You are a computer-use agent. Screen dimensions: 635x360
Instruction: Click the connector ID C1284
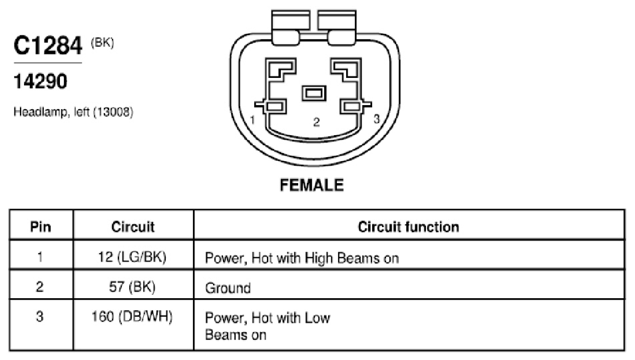coord(48,45)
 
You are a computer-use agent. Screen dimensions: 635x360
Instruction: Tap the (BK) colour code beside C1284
coord(102,43)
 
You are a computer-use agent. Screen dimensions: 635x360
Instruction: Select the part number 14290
coord(40,81)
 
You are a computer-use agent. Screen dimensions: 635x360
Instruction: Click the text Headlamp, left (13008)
coord(73,112)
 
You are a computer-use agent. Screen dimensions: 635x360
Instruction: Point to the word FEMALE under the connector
coord(312,185)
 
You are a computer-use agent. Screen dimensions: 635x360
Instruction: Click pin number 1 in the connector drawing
coord(253,120)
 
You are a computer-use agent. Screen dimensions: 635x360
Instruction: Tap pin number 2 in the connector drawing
coord(317,122)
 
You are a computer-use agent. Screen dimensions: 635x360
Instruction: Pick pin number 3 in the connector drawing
coord(377,119)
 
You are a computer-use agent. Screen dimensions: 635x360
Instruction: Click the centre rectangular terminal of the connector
coord(314,93)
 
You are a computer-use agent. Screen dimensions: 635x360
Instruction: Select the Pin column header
coord(41,227)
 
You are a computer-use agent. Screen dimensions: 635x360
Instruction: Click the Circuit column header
coord(133,227)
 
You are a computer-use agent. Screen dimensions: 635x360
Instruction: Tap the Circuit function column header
coord(408,227)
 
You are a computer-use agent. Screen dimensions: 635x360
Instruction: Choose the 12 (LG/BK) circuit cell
coord(132,257)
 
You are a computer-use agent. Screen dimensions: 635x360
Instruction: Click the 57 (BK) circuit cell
coord(132,287)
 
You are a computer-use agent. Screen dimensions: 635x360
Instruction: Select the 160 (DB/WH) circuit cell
coord(132,316)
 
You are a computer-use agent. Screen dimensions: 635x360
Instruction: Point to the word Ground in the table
coord(228,288)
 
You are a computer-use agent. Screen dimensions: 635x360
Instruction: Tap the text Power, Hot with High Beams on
coord(302,258)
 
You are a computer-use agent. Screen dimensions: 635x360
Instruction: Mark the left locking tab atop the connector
coord(291,27)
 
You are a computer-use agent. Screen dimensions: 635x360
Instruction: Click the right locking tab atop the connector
coord(337,27)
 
